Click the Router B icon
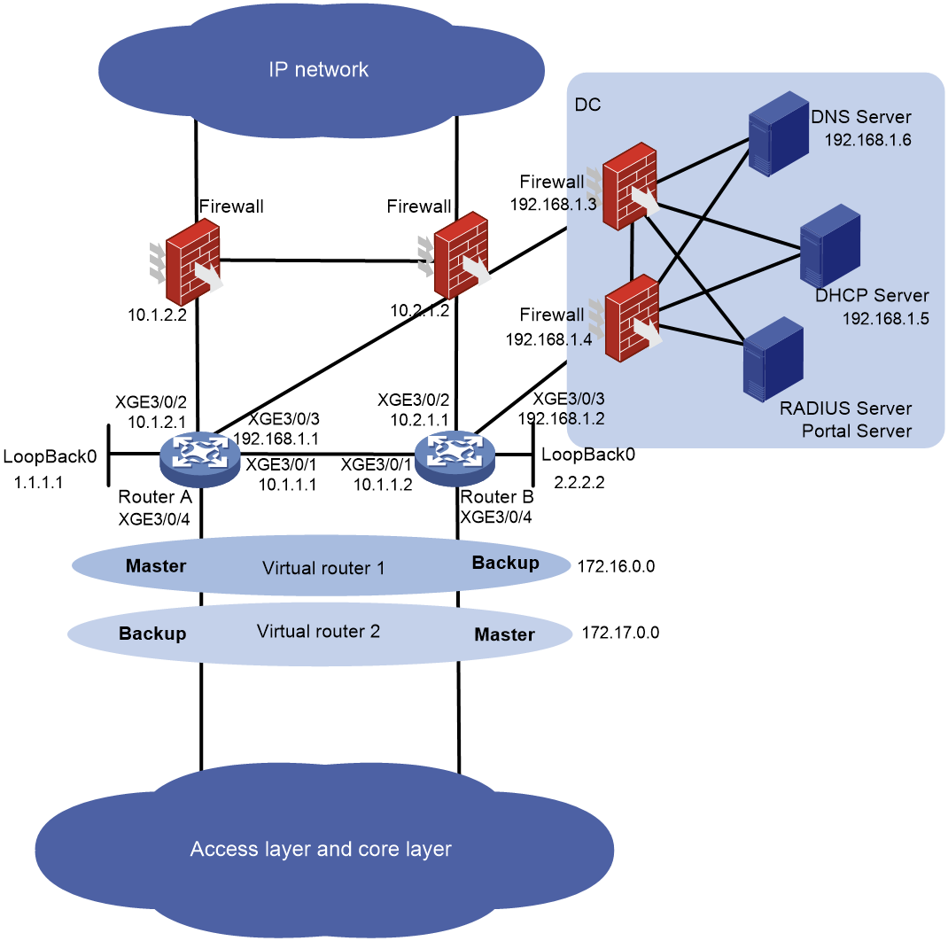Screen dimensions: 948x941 click(x=455, y=458)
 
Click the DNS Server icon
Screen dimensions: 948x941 click(x=779, y=134)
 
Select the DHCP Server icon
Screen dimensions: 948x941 click(x=829, y=246)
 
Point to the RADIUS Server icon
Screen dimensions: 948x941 click(x=773, y=359)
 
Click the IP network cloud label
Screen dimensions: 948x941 click(x=319, y=69)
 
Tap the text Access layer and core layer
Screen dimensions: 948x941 click(x=321, y=849)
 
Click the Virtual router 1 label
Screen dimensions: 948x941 click(x=323, y=568)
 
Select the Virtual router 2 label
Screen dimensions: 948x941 click(x=319, y=632)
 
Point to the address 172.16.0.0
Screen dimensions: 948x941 click(x=616, y=566)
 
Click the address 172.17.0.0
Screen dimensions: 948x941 click(x=620, y=633)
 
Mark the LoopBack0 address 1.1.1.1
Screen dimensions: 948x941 click(x=39, y=483)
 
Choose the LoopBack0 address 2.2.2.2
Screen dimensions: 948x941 click(x=579, y=483)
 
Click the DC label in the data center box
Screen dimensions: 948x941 click(x=587, y=105)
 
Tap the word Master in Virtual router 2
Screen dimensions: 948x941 click(x=505, y=634)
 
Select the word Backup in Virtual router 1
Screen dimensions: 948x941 click(x=505, y=563)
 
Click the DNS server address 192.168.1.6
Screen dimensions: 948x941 click(x=867, y=140)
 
